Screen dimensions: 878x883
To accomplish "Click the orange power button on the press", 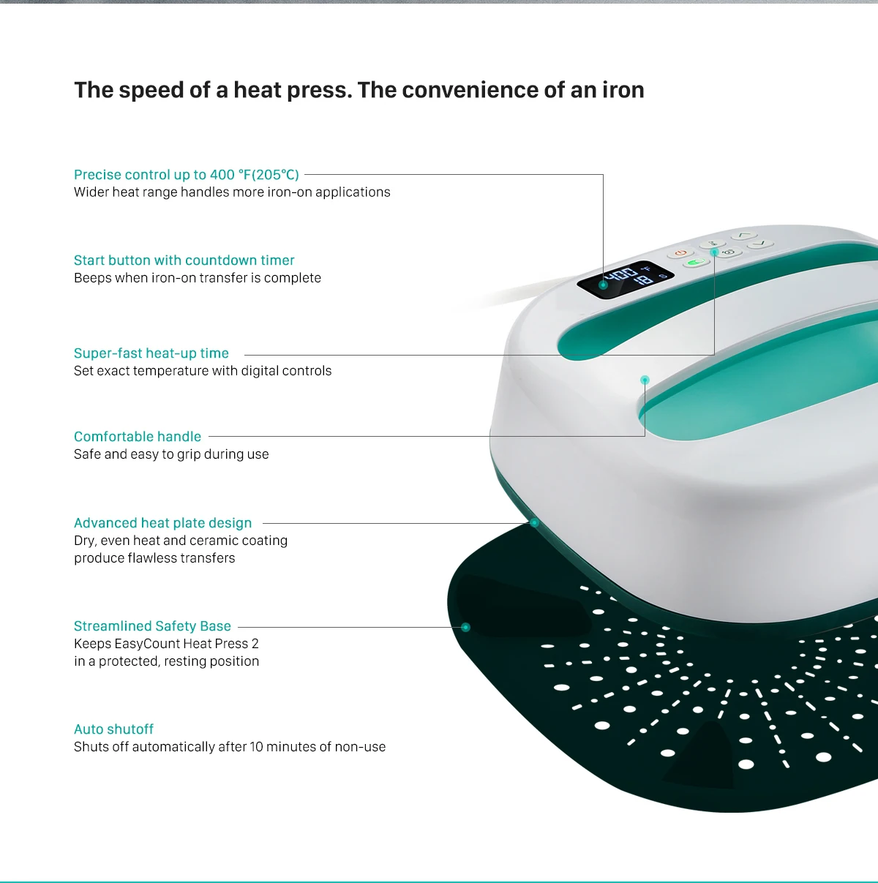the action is pos(680,252).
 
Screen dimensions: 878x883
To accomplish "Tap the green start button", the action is pos(697,263).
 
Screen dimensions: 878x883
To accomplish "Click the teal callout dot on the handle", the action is pos(645,380).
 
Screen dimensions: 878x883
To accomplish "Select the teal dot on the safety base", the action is pos(465,627).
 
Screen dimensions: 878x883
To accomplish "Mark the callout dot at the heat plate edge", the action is pos(534,523).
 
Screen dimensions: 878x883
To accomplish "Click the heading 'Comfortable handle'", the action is pos(138,437).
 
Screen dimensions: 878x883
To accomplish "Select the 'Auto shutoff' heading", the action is pos(113,729).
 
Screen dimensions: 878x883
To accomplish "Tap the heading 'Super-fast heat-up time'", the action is pos(151,353).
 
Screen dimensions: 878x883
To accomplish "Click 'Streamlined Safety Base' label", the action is pos(152,626).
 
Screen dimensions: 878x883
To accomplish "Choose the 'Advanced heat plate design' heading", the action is pos(162,523).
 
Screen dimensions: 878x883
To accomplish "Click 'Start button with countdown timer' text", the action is pos(184,260).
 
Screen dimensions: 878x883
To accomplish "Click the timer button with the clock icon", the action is pos(729,252).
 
